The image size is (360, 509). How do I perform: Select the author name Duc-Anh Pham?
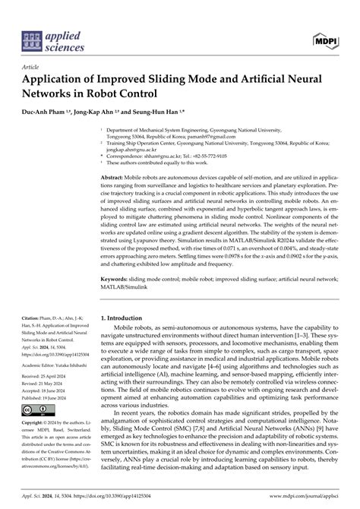[x=46, y=111]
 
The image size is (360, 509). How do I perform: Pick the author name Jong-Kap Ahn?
[x=98, y=111]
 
